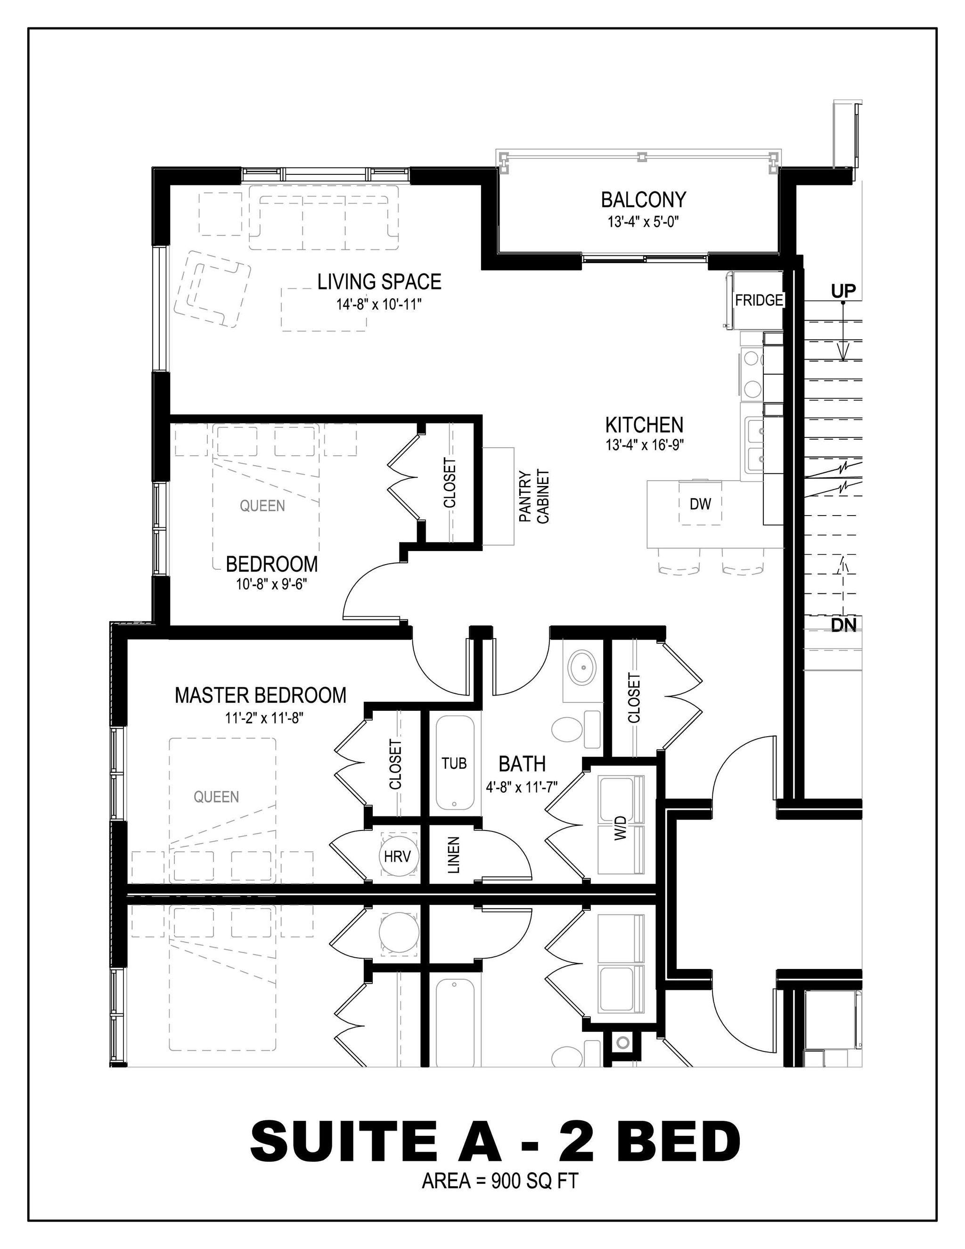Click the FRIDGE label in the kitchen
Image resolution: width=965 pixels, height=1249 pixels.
pyautogui.click(x=759, y=300)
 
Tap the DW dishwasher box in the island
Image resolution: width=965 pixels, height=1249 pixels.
pyautogui.click(x=700, y=504)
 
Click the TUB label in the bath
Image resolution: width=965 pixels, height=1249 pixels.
pyautogui.click(x=454, y=763)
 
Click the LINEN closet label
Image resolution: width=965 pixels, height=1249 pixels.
pyautogui.click(x=453, y=855)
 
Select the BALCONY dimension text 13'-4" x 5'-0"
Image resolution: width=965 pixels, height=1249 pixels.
pyautogui.click(x=643, y=222)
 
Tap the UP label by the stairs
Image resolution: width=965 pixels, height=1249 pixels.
pyautogui.click(x=843, y=292)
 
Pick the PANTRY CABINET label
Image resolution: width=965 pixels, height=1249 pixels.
pyautogui.click(x=534, y=496)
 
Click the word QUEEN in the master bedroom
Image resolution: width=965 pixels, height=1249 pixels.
pyautogui.click(x=216, y=797)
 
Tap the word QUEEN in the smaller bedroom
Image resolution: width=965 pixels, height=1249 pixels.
pyautogui.click(x=262, y=506)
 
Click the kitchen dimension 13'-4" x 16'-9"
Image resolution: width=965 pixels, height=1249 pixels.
pyautogui.click(x=644, y=445)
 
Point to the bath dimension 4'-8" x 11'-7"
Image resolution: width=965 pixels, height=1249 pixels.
pyautogui.click(x=522, y=788)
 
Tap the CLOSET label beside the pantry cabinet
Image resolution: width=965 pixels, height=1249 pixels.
pyautogui.click(x=450, y=483)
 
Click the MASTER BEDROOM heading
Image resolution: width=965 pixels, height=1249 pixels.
pyautogui.click(x=260, y=695)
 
